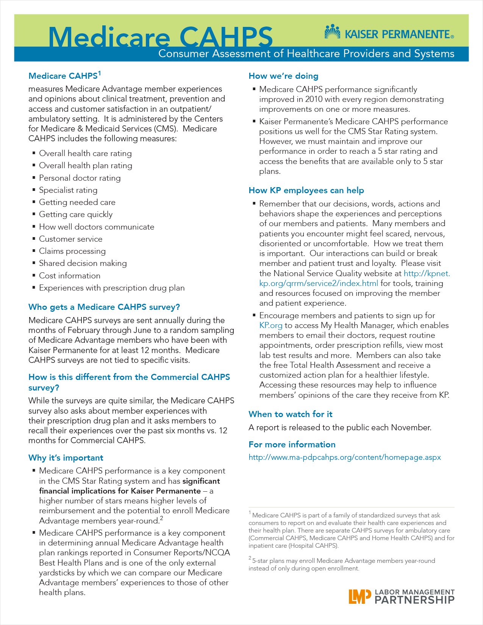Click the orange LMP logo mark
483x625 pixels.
click(x=360, y=596)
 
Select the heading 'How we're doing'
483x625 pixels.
click(x=283, y=76)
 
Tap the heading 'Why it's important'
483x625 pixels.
click(x=66, y=458)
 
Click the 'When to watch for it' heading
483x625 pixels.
click(x=290, y=414)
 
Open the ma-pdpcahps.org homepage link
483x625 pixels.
click(x=344, y=457)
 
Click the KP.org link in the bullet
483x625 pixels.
click(x=270, y=325)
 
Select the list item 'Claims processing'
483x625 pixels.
click(x=72, y=251)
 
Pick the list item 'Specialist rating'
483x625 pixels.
click(x=68, y=190)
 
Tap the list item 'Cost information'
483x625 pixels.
click(x=70, y=276)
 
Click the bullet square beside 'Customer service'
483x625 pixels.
click(x=34, y=239)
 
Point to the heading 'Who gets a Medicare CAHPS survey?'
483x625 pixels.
click(x=104, y=307)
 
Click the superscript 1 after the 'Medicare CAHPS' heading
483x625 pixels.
click(x=99, y=73)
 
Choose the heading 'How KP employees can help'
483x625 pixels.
click(x=306, y=191)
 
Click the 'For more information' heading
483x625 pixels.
click(x=292, y=445)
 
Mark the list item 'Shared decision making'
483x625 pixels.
click(x=83, y=263)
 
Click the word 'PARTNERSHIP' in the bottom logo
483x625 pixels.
click(x=414, y=600)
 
